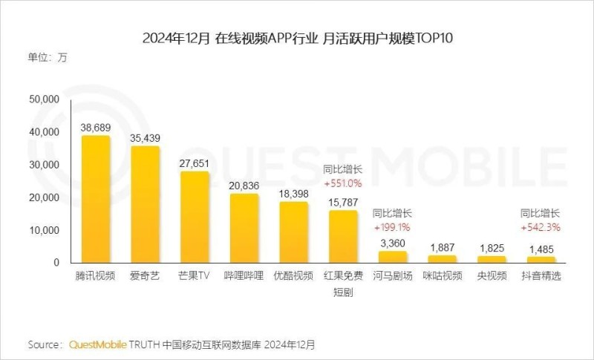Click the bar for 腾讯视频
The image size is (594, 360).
95,199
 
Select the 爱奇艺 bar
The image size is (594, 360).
145,204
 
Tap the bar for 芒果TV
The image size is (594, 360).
195,217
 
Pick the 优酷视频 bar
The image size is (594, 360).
293,232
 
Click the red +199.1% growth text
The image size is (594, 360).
392,226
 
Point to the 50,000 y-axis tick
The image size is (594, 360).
43,99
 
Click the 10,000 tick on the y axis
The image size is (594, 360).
43,230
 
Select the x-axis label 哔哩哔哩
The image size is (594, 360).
244,276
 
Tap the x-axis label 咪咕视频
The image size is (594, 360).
442,276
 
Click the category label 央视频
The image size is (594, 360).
492,276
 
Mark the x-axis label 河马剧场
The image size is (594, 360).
392,276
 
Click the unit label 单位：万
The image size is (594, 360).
48,58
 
